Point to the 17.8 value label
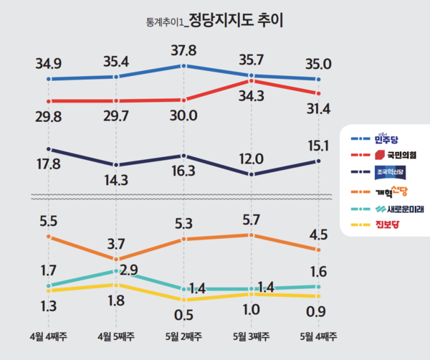47,164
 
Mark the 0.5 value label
185,314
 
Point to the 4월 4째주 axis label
47,336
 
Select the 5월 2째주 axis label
184,336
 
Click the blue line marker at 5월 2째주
184,65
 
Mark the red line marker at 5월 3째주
252,81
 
